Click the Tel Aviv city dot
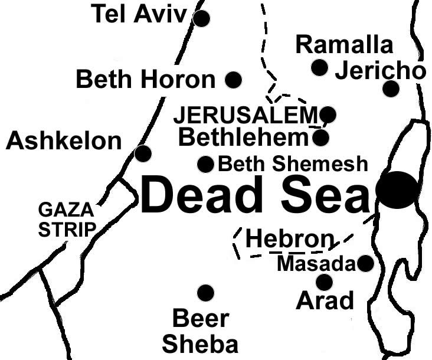click(202, 18)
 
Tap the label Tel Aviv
click(139, 15)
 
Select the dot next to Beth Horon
click(234, 79)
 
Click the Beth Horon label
click(146, 79)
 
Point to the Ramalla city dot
click(319, 68)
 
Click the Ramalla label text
click(344, 44)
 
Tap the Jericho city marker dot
click(391, 89)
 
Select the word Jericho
click(380, 71)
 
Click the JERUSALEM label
click(246, 114)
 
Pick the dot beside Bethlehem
click(320, 138)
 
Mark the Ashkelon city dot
click(143, 153)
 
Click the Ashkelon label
click(64, 141)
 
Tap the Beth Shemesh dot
click(205, 164)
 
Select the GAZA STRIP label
click(66, 219)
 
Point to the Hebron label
click(289, 239)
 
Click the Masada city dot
click(366, 263)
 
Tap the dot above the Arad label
click(324, 282)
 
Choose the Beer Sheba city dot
click(205, 292)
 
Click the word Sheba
click(200, 343)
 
